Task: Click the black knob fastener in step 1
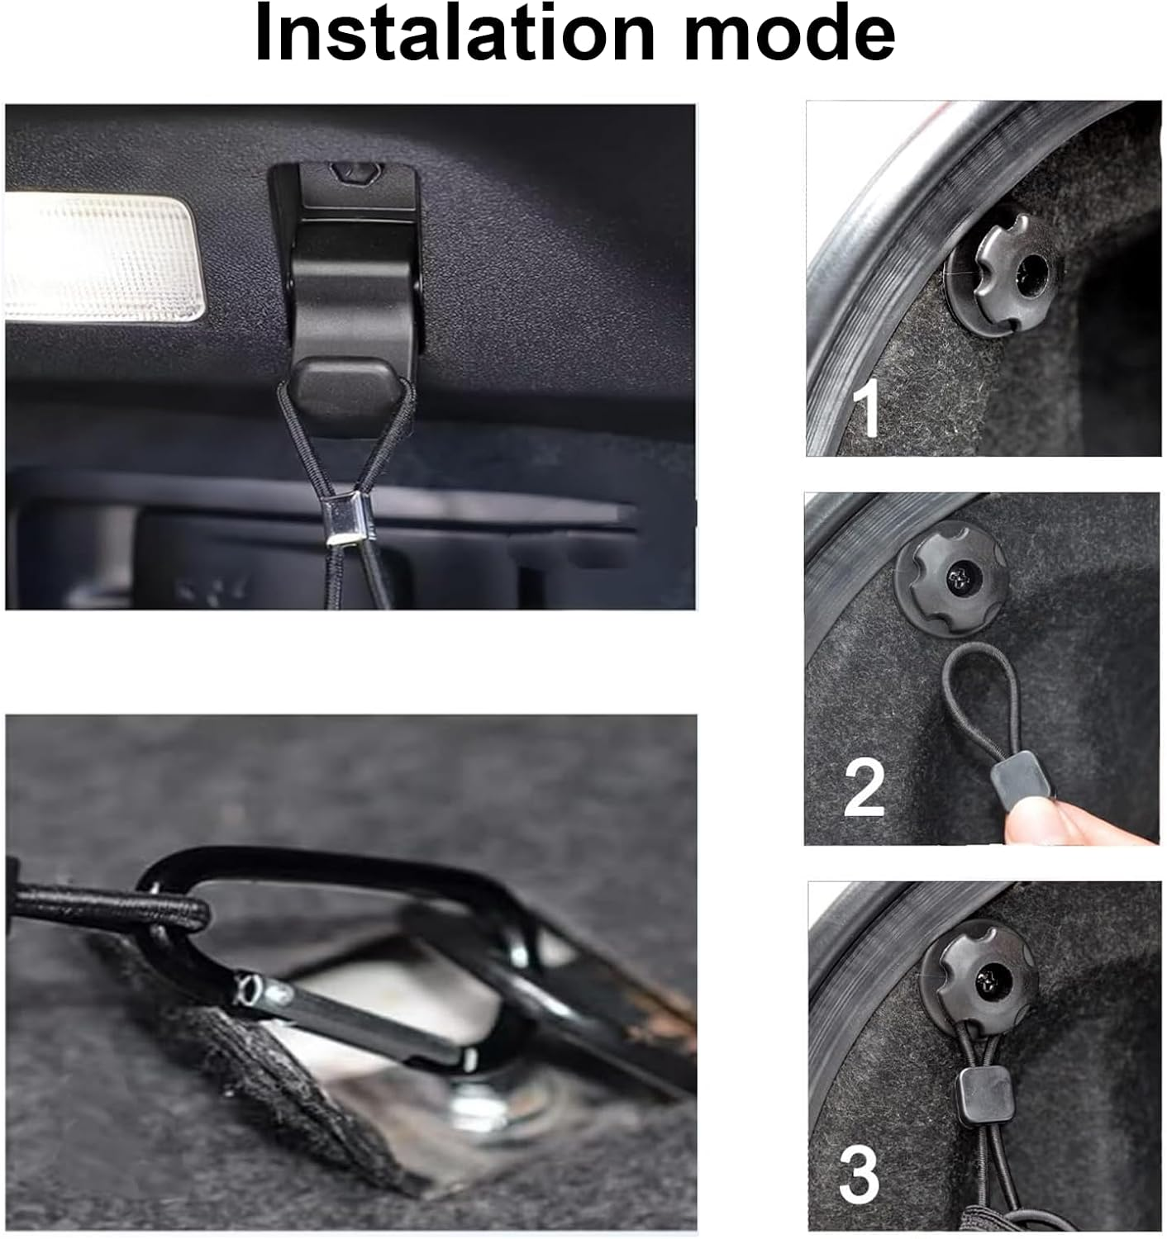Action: (1005, 273)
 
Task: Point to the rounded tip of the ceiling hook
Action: (345, 384)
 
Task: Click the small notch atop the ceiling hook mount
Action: (356, 173)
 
